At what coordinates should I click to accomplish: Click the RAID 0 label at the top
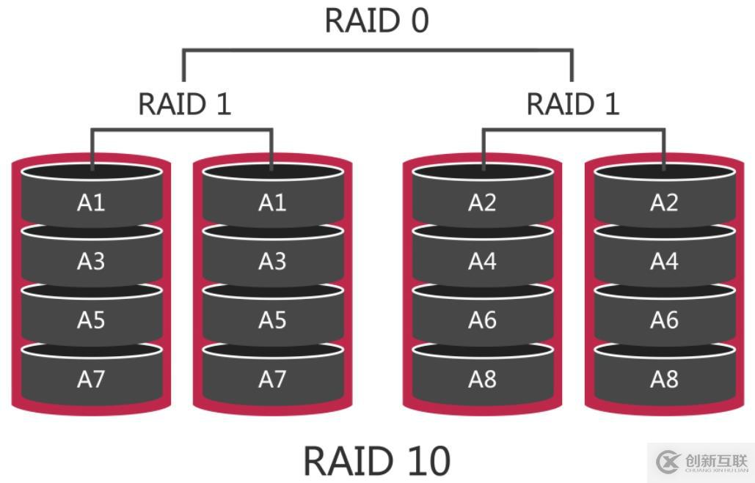(376, 21)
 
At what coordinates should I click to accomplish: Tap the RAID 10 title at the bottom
(376, 461)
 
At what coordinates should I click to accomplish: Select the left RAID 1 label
(184, 104)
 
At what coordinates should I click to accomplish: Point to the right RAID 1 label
(572, 104)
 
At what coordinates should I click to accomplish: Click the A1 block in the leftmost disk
(91, 202)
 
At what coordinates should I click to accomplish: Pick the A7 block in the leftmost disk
(91, 379)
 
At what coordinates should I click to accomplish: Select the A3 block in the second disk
(272, 261)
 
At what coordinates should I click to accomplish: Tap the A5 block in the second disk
(272, 320)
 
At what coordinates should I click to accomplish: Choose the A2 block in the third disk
(482, 202)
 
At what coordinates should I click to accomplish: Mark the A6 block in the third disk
(482, 320)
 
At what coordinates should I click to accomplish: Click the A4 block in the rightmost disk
(663, 261)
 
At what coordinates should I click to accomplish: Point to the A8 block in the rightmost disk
(663, 379)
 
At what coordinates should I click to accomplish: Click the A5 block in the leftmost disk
(91, 320)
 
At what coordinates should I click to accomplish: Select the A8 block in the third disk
(482, 379)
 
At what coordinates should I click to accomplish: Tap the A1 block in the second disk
(272, 202)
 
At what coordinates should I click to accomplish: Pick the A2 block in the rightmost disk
(663, 202)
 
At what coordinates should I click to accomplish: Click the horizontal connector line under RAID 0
(377, 51)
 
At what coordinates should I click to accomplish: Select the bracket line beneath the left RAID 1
(182, 130)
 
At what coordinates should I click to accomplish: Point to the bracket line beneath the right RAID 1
(573, 130)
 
